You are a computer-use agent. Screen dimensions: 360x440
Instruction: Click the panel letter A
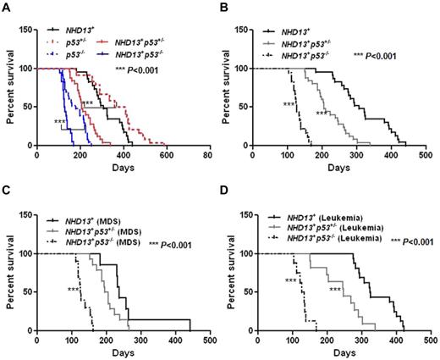pos(6,7)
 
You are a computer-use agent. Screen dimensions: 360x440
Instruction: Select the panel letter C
pos(6,189)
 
